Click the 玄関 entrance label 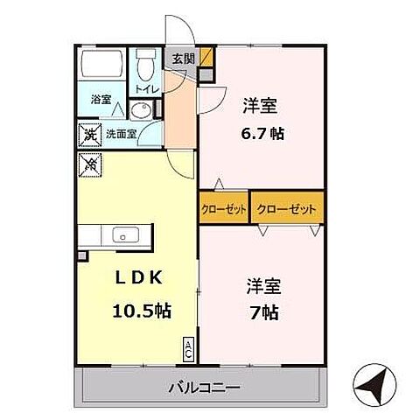pos(183,59)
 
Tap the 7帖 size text pos(262,312)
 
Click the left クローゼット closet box pos(225,209)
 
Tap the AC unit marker pos(188,347)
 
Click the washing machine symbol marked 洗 pos(88,134)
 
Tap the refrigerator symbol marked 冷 pos(88,162)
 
